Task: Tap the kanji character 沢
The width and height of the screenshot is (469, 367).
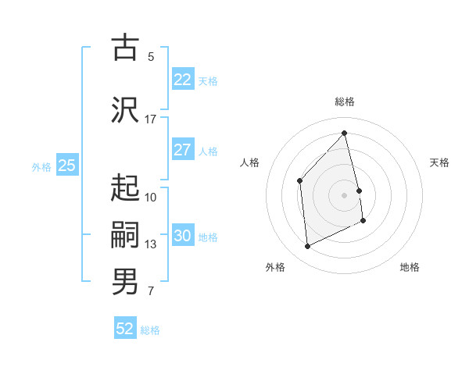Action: (x=125, y=110)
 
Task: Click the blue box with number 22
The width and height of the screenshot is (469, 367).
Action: (x=182, y=80)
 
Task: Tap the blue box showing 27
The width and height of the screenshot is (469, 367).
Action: (x=182, y=150)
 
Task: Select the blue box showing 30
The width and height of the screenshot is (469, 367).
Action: (x=182, y=236)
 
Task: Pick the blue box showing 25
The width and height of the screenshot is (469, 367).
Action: (x=66, y=166)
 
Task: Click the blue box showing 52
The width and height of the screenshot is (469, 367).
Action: (x=125, y=330)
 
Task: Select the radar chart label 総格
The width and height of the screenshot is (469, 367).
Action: (x=345, y=102)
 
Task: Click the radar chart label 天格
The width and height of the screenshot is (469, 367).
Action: (x=439, y=162)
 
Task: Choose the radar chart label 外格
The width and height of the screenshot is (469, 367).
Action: (x=275, y=267)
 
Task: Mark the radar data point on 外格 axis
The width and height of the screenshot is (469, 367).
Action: (x=307, y=247)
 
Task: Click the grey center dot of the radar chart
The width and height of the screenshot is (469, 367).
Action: (x=345, y=194)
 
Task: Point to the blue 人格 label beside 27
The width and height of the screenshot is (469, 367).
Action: (x=208, y=151)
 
